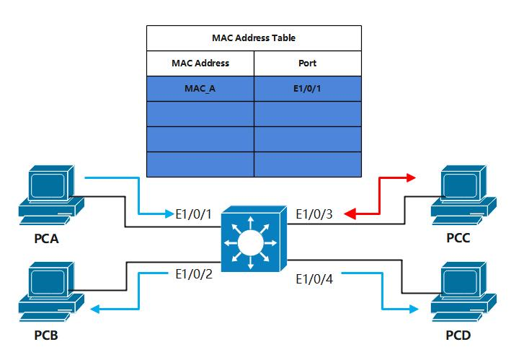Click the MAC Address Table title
pyautogui.click(x=254, y=38)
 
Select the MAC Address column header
pyautogui.click(x=200, y=63)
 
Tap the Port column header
pyautogui.click(x=307, y=63)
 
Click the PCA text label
pyautogui.click(x=45, y=238)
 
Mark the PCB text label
pyautogui.click(x=45, y=335)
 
